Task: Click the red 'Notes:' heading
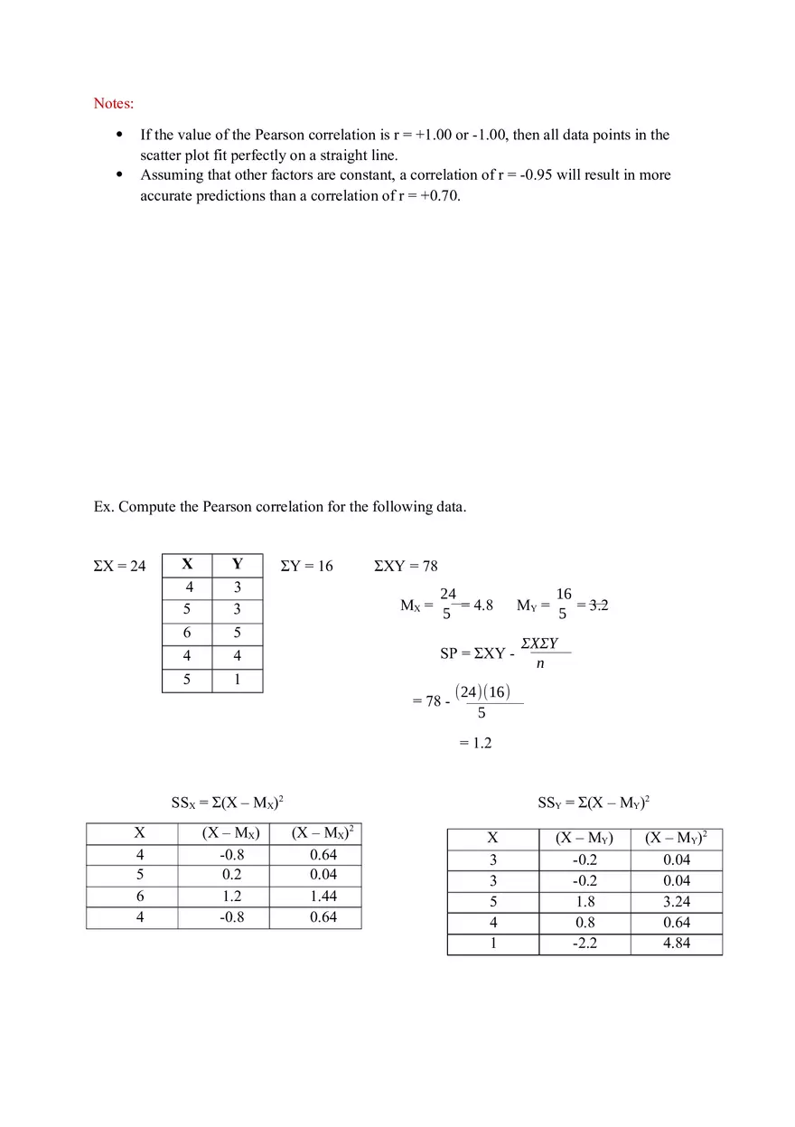point(114,103)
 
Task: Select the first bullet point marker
point(119,135)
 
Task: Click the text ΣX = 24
point(119,566)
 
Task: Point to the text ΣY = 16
point(306,566)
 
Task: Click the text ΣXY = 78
point(406,566)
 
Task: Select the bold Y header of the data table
point(238,564)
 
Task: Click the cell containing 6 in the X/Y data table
point(187,633)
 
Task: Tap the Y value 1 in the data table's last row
point(238,679)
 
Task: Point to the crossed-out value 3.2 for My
point(598,605)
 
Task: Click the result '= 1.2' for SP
point(475,743)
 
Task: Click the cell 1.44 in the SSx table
point(323,897)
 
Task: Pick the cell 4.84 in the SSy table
point(677,944)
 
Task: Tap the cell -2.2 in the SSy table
point(585,944)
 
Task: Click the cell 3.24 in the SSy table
point(677,901)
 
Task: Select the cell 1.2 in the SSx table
point(232,897)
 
